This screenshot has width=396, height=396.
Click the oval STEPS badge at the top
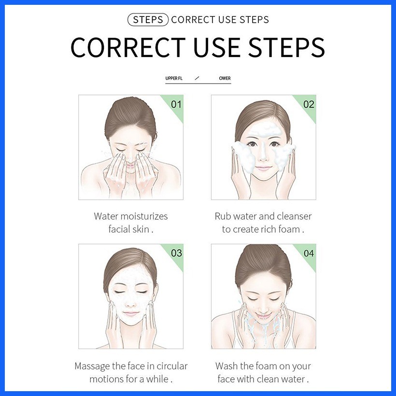(148, 20)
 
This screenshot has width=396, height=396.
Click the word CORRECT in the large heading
(128, 47)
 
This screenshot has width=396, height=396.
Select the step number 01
(176, 104)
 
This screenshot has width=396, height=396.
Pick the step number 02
(309, 104)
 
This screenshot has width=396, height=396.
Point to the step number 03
(176, 253)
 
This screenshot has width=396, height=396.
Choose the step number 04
(309, 253)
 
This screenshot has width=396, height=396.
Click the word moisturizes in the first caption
(144, 216)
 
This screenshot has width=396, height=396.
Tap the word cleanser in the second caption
(294, 216)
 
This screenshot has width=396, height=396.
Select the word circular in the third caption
(172, 366)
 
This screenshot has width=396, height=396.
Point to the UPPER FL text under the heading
(174, 78)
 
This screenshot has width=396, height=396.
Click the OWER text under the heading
(225, 78)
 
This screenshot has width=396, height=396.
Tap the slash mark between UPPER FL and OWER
(197, 78)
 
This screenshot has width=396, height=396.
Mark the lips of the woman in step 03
(131, 314)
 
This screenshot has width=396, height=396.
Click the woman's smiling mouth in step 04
(263, 316)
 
